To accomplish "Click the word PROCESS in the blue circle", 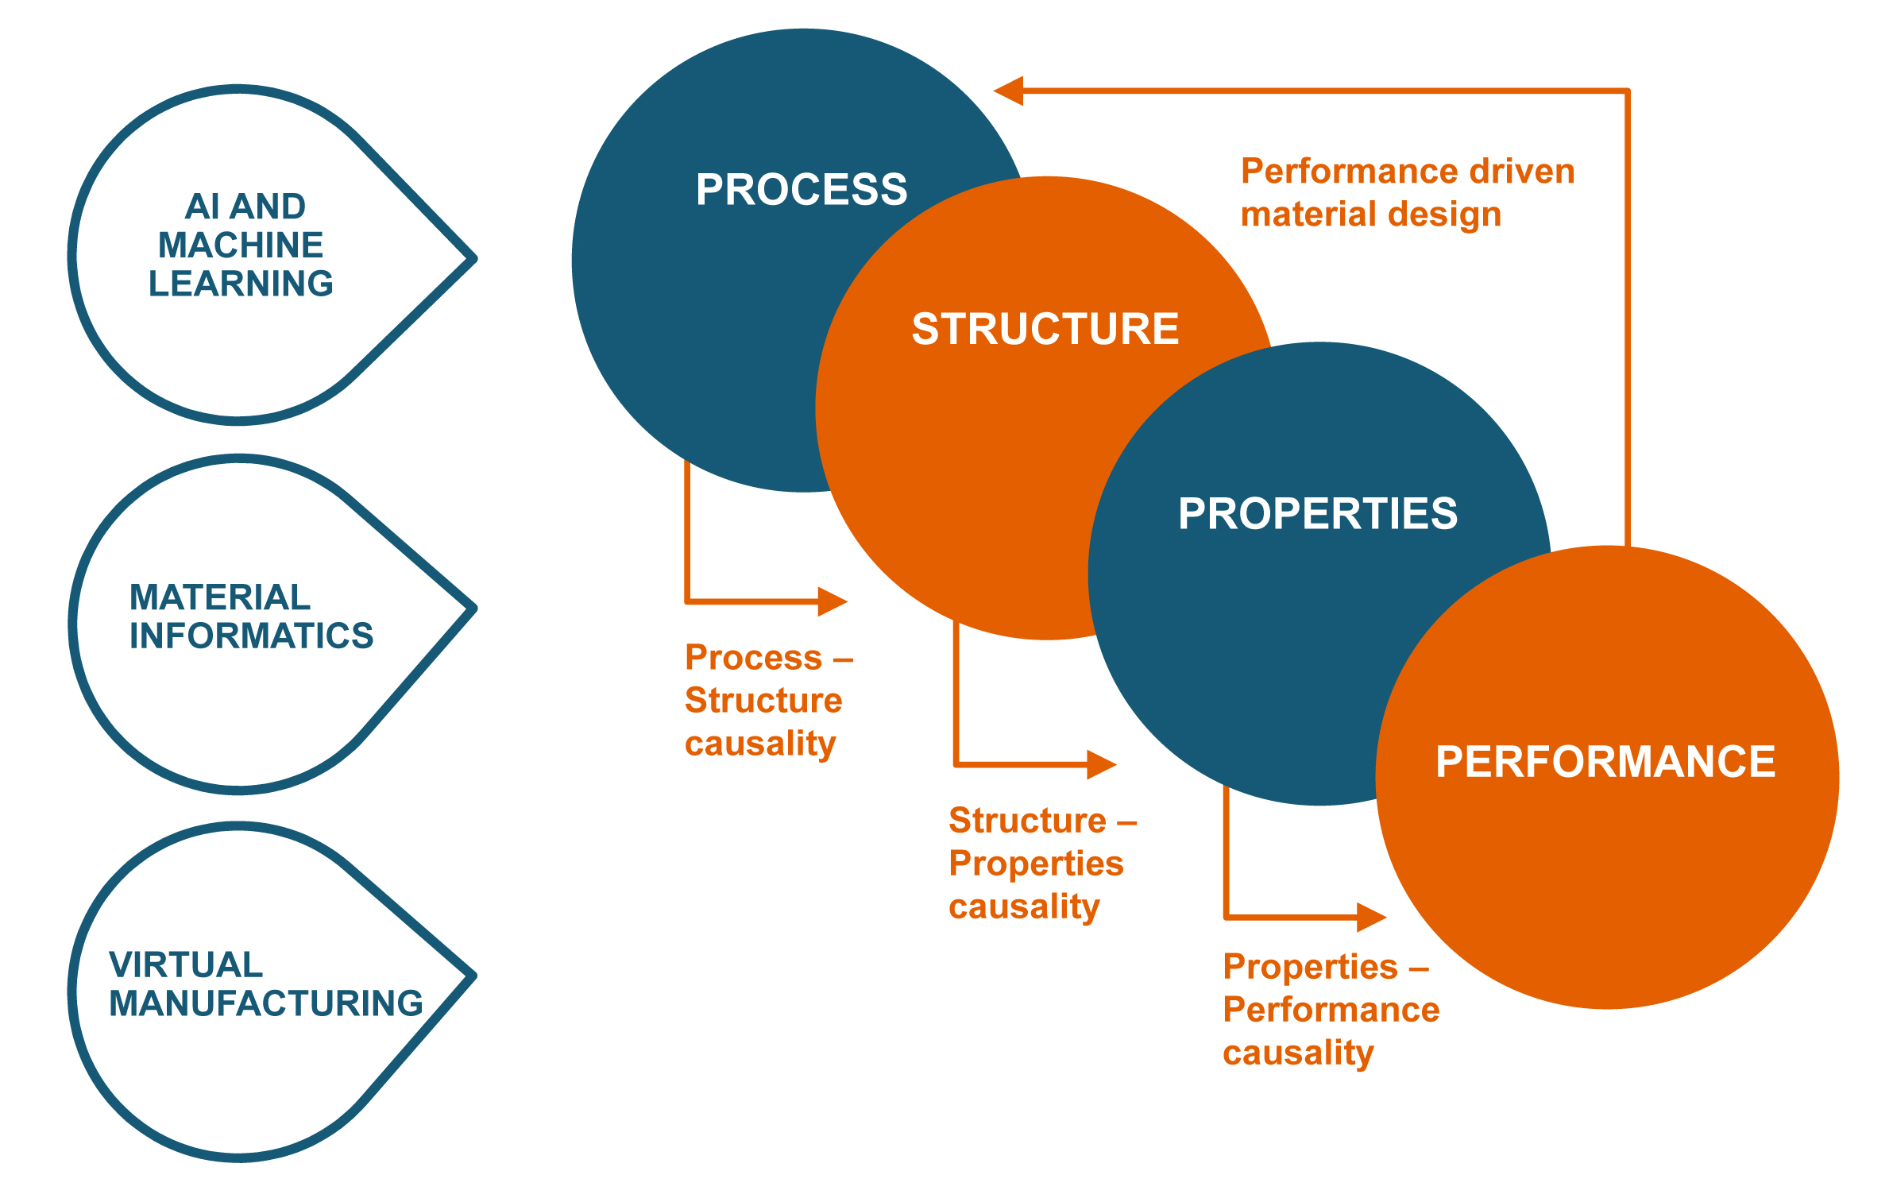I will (x=802, y=189).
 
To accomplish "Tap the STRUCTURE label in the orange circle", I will (x=1045, y=329).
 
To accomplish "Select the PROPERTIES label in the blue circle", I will (x=1318, y=513).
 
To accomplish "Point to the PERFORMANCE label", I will (x=1605, y=761).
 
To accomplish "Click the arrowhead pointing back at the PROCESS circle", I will (x=1008, y=91).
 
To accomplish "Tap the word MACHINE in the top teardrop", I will (x=241, y=245).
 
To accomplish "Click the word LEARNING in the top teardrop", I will (x=241, y=284).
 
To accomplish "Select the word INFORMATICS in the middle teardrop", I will (x=251, y=636).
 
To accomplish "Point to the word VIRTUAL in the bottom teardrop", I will (x=186, y=964).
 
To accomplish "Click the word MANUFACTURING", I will (x=266, y=1003).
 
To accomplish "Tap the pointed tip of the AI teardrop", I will (x=473, y=258).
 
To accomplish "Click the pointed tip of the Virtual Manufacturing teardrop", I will (x=473, y=975).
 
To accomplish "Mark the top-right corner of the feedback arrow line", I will (x=1627, y=91).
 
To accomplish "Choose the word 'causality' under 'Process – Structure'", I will (x=760, y=744).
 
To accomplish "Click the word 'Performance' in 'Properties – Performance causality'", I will (x=1331, y=1010).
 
